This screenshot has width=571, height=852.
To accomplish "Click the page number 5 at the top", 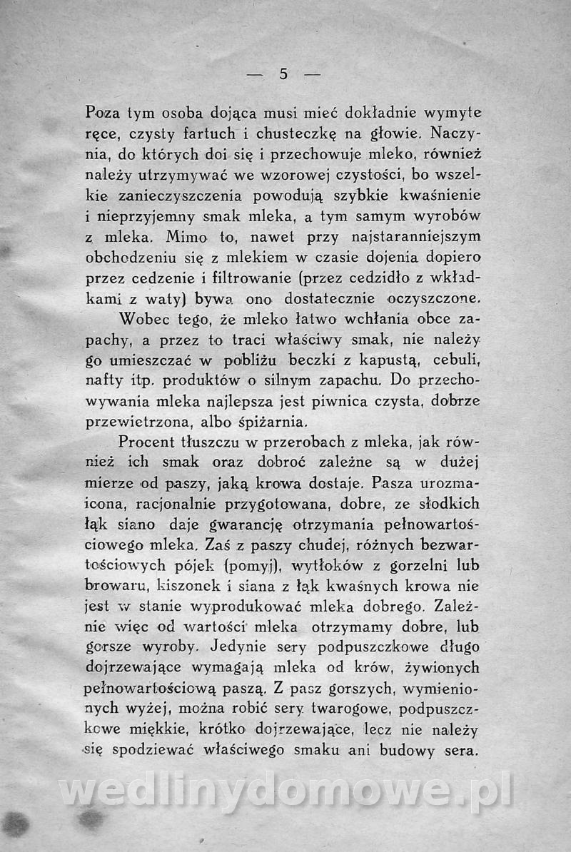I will [283, 73].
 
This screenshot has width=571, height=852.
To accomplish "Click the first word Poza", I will [102, 113].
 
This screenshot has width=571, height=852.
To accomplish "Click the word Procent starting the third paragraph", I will [152, 440].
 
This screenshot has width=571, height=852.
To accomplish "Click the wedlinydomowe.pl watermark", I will [285, 791].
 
